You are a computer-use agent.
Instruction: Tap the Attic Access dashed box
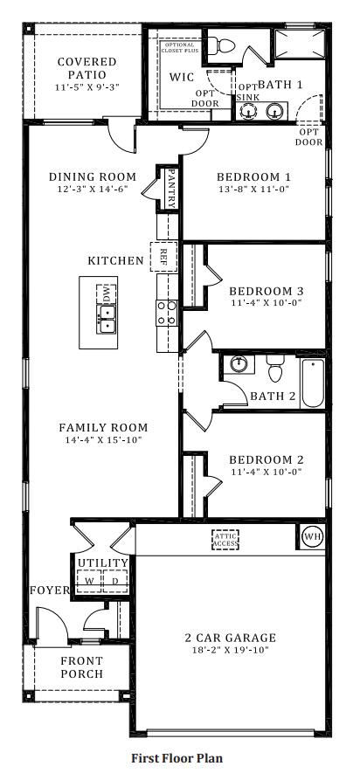pyautogui.click(x=225, y=540)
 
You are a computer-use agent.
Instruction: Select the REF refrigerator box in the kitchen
pyautogui.click(x=163, y=256)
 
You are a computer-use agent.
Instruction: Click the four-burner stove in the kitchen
pyautogui.click(x=167, y=313)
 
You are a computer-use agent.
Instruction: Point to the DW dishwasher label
pyautogui.click(x=107, y=294)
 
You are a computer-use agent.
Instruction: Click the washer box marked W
pyautogui.click(x=89, y=581)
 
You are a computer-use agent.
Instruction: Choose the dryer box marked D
pyautogui.click(x=115, y=581)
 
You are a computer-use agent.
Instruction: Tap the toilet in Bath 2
pyautogui.click(x=275, y=368)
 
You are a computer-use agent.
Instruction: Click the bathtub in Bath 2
pyautogui.click(x=313, y=383)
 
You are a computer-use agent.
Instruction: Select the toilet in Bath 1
pyautogui.click(x=220, y=45)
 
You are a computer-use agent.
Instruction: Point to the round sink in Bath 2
pyautogui.click(x=239, y=365)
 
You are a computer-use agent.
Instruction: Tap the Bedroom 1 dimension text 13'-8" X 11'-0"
pyautogui.click(x=253, y=189)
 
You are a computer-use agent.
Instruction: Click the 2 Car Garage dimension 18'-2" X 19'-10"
pyautogui.click(x=230, y=650)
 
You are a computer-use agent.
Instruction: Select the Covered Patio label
pyautogui.click(x=87, y=68)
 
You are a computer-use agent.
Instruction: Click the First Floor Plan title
pyautogui.click(x=177, y=758)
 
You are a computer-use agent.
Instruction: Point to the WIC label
pyautogui.click(x=182, y=78)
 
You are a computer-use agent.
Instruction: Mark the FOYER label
pyautogui.click(x=50, y=590)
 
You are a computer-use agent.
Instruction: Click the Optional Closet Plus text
pyautogui.click(x=180, y=47)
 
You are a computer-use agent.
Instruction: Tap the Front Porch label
pyautogui.click(x=82, y=667)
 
